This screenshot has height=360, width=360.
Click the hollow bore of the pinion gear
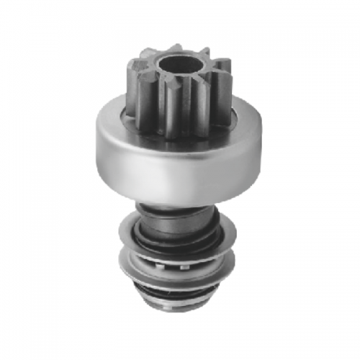[175, 60]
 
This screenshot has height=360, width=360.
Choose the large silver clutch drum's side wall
[176, 162]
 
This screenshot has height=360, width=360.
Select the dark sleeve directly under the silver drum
[176, 209]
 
